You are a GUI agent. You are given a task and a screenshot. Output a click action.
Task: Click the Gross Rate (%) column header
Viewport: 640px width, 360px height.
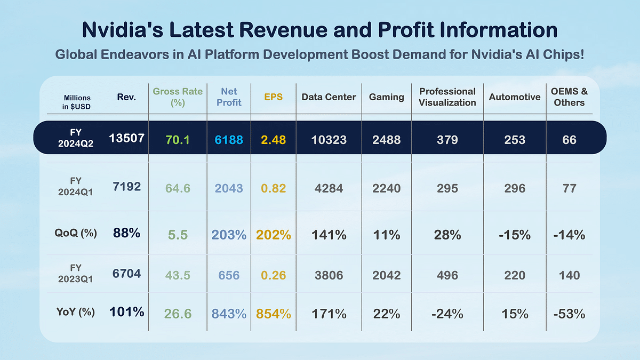coord(178,97)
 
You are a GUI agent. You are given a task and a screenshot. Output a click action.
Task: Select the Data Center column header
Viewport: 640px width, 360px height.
coord(329,97)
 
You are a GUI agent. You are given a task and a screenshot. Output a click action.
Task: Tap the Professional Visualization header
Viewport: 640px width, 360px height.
coord(447,97)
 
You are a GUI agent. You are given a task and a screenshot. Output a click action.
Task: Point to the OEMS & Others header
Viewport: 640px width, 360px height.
coord(569,97)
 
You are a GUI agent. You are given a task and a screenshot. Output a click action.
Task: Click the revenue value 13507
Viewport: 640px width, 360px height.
coord(126,139)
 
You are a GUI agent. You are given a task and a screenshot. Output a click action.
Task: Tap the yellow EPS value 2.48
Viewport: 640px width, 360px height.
coord(274,140)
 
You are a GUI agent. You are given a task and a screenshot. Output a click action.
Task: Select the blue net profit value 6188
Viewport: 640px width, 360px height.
coord(228,140)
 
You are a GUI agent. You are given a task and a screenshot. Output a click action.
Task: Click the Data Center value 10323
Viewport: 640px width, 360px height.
coord(329,140)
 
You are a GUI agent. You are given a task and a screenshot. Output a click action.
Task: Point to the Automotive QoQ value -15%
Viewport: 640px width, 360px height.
coord(514,235)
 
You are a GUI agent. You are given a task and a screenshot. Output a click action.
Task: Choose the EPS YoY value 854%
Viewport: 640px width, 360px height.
coord(274,314)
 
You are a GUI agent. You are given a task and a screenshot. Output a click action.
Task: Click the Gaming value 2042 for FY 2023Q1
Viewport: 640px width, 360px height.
coord(386,275)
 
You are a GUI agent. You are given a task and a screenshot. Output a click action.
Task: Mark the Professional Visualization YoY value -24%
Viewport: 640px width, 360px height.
coord(447,314)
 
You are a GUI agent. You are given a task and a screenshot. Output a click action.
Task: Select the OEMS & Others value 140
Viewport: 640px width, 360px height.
coord(569,275)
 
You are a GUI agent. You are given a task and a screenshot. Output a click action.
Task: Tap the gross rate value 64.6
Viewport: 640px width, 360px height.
coord(178,188)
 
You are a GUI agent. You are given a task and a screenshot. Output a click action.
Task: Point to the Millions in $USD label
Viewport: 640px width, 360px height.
coord(77,101)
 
